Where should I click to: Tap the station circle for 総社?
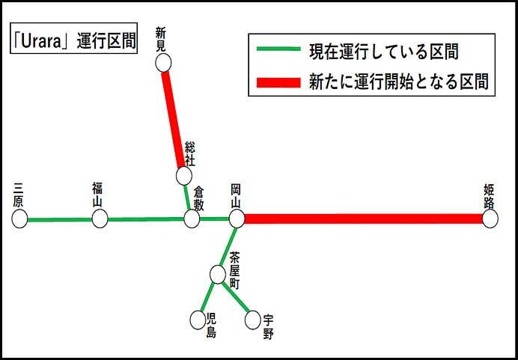click(183, 176)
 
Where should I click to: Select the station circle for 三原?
click(19, 219)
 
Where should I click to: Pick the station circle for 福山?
click(100, 219)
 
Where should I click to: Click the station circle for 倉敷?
click(192, 219)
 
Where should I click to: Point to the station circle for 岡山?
click(237, 219)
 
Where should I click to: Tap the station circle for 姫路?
click(490, 219)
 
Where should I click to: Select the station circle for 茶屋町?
click(217, 275)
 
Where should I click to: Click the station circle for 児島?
click(197, 320)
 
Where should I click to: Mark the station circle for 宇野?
click(253, 320)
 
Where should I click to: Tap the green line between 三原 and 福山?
click(60, 220)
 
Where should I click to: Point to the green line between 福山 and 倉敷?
click(146, 220)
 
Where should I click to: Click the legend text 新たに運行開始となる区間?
click(398, 82)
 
